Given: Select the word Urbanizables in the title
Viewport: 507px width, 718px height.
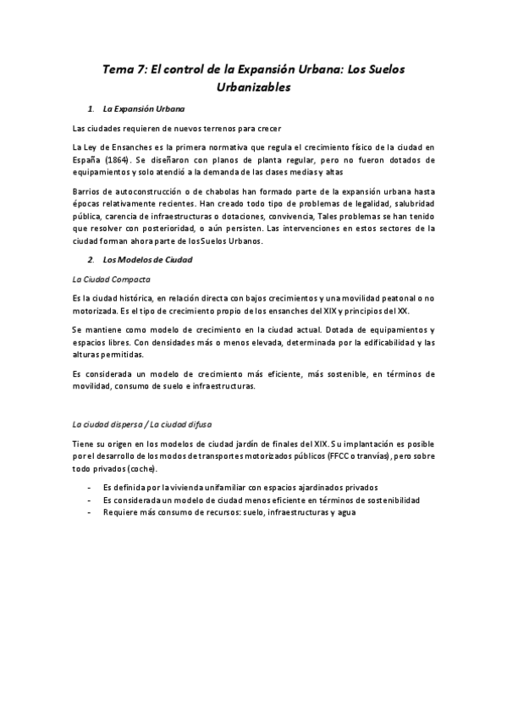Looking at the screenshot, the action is click(254, 86).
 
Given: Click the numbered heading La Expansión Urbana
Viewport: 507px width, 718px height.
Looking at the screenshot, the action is click(145, 110).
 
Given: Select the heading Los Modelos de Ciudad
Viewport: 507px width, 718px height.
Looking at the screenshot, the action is click(147, 259).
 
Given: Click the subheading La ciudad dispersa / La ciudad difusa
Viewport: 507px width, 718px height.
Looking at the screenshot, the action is click(138, 423).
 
